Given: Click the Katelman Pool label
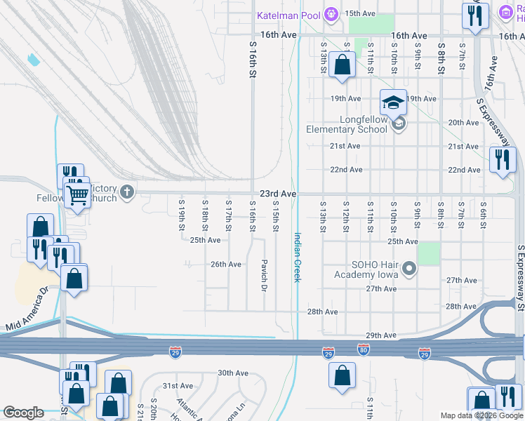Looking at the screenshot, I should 288,15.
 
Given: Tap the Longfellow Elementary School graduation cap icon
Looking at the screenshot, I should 393,103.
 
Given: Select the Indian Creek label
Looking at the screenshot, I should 297,258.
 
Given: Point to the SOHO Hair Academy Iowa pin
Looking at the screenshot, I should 411,268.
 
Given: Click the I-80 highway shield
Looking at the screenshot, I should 363,349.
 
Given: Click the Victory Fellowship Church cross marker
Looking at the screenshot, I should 126,192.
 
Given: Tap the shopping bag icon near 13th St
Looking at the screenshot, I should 341,65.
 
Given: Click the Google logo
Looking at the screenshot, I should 23,413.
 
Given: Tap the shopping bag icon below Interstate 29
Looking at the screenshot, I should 342,375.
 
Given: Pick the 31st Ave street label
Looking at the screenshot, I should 178,386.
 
